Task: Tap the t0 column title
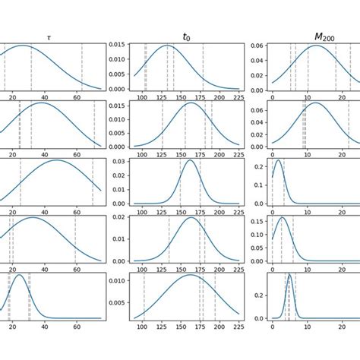(x=187, y=36)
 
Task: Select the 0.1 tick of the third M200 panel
(x=257, y=185)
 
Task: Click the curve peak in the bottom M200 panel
(x=289, y=275)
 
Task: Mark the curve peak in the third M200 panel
(x=278, y=160)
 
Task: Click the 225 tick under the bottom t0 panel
(x=238, y=327)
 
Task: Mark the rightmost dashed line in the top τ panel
(x=82, y=67)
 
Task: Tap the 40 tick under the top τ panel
(x=45, y=98)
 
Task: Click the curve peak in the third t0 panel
(x=189, y=160)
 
